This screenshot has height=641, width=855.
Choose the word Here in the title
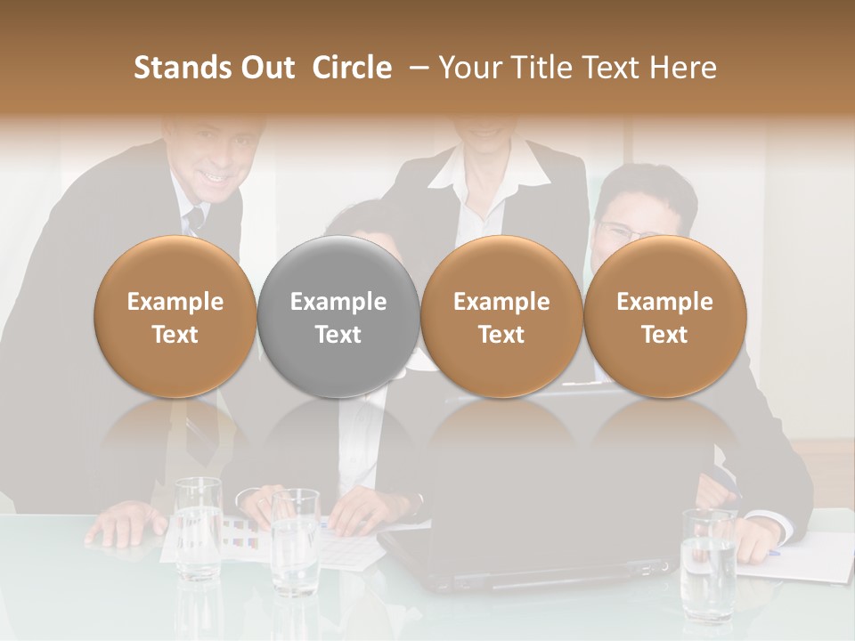click(x=683, y=68)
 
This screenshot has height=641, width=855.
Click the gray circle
click(x=338, y=316)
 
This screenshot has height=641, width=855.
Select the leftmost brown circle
click(x=175, y=316)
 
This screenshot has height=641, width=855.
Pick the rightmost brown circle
click(x=665, y=316)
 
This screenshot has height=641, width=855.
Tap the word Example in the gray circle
click(x=338, y=302)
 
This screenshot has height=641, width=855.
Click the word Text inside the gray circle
click(x=338, y=335)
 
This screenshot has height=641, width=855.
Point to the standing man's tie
click(x=195, y=219)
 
